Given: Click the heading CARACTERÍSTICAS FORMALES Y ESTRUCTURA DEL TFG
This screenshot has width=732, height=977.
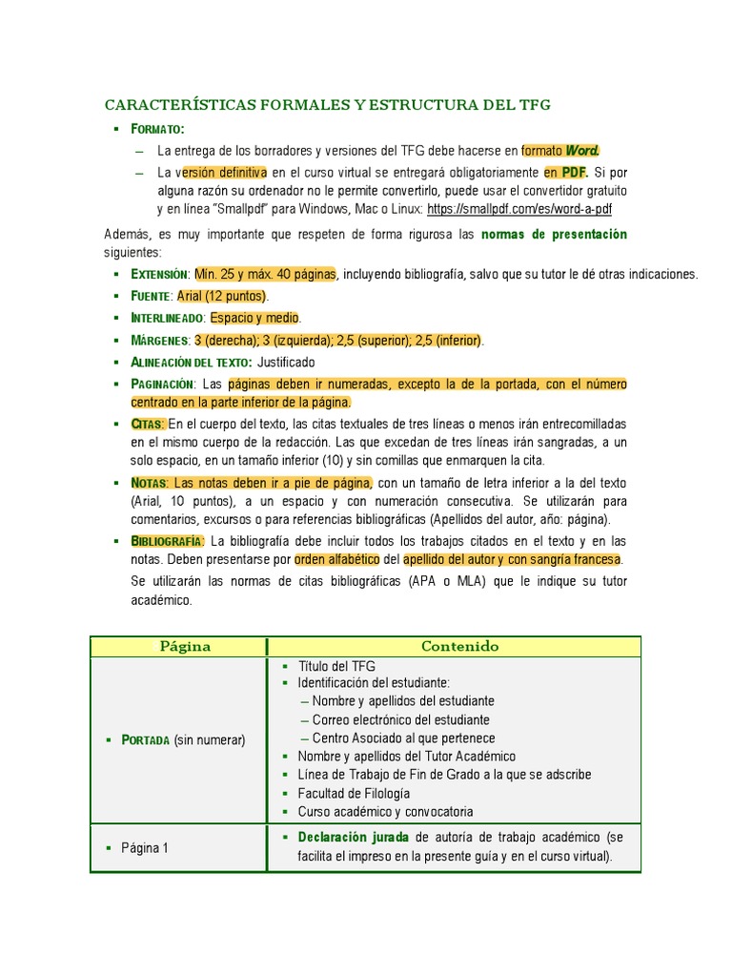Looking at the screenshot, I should click(x=327, y=105).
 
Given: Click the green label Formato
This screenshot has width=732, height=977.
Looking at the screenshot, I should click(x=157, y=129).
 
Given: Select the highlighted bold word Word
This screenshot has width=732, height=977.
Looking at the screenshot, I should click(x=583, y=151).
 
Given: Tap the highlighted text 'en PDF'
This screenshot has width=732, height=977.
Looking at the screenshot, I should click(x=566, y=173).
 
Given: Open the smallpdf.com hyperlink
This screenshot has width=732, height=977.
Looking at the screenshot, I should click(x=519, y=208).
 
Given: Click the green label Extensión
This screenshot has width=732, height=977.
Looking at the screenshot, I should click(x=159, y=275).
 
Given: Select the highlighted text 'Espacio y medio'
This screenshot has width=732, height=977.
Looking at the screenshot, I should click(x=254, y=318).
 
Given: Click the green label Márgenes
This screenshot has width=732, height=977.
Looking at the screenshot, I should click(x=159, y=341).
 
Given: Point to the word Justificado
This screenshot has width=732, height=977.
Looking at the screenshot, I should click(x=286, y=363).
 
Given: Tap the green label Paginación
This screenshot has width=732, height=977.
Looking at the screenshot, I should click(x=162, y=385).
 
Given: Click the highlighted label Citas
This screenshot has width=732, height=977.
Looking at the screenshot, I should click(x=148, y=424).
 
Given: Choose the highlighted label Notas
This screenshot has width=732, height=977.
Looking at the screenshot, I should click(x=149, y=483).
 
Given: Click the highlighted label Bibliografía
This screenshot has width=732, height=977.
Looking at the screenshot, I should click(x=167, y=542).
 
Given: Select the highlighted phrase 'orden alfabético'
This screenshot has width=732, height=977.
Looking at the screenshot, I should click(x=337, y=559).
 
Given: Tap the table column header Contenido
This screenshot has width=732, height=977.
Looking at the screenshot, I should click(x=459, y=646).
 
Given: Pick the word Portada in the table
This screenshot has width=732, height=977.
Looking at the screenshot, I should click(x=146, y=739).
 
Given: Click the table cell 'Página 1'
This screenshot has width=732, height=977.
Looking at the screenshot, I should click(x=145, y=847).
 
